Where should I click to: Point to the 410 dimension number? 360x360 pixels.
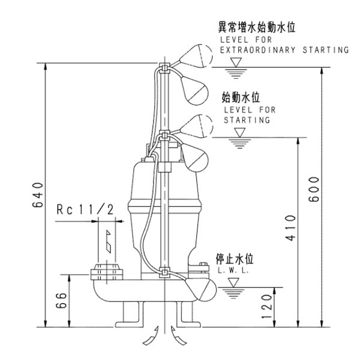tap(290, 228)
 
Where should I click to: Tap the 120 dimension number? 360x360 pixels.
tap(268, 307)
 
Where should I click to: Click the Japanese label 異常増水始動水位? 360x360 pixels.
tap(259, 28)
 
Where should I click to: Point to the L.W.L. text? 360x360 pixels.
tap(229, 271)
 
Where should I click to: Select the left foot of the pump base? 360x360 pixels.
tap(131, 313)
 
